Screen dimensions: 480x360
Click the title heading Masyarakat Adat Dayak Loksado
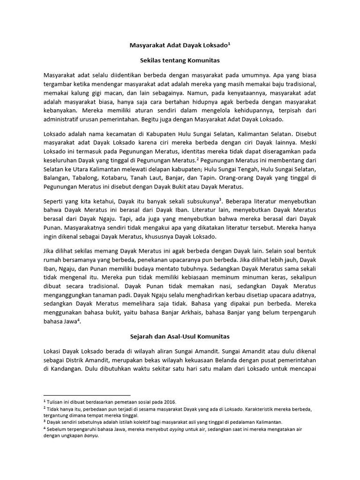pos(180,46)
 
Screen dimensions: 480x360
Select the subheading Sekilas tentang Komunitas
pos(180,60)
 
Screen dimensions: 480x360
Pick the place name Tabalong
pos(91,179)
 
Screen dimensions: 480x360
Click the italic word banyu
pos(90,435)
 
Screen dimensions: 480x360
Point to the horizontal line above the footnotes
pos(87,395)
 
